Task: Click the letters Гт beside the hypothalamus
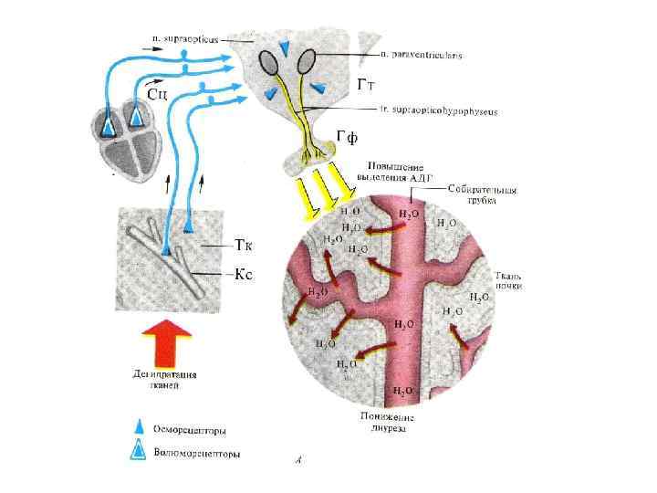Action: coord(368,86)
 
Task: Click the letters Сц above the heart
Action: coord(157,92)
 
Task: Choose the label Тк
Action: coord(243,245)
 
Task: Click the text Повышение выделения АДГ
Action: coord(394,174)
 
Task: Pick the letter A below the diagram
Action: coord(299,463)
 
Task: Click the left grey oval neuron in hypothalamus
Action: coord(270,61)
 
